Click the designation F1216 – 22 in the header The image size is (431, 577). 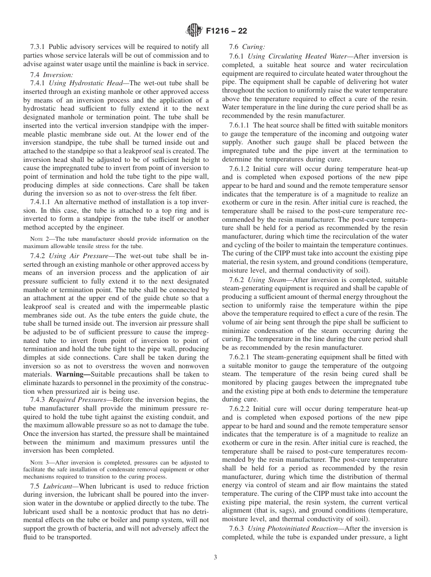point(226,31)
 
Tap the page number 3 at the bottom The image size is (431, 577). point(215,557)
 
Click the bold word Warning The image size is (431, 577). point(73,374)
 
